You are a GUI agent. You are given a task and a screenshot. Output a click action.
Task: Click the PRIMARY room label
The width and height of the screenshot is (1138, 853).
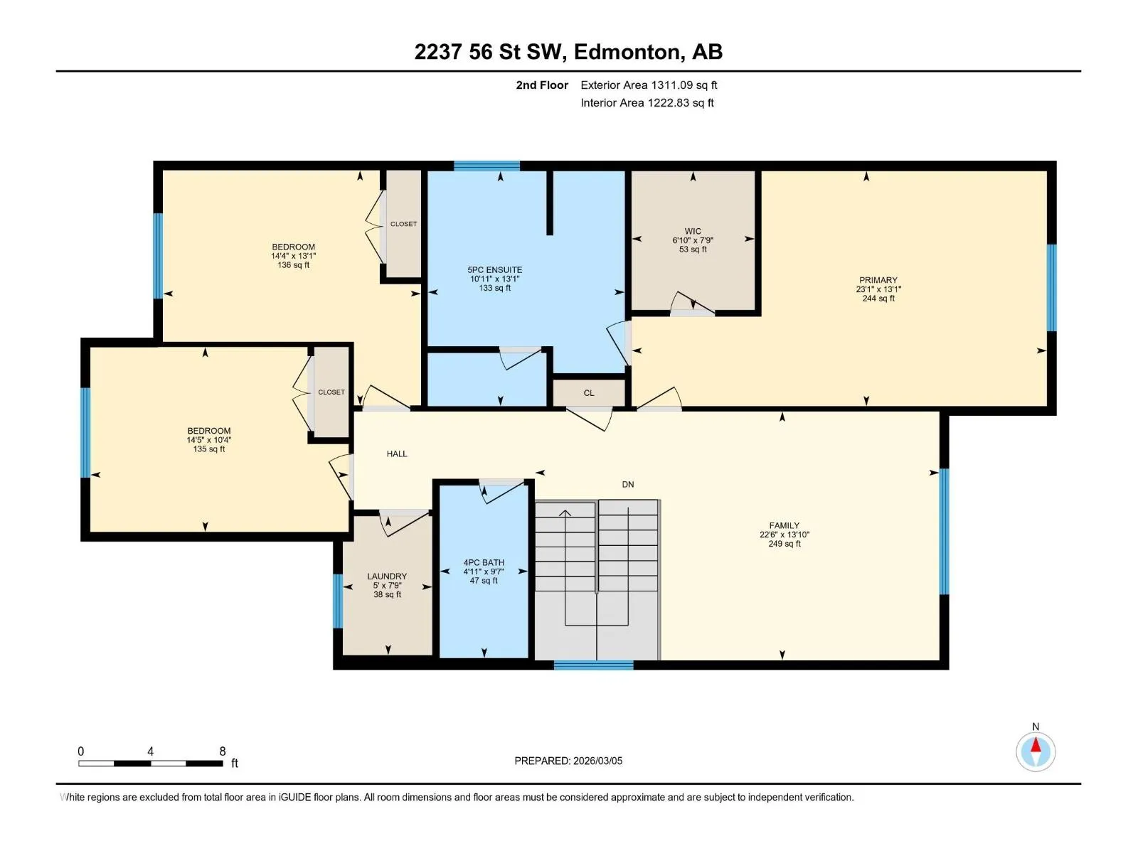(x=878, y=280)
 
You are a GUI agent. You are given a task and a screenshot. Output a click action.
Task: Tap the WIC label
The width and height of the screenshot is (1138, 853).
(x=693, y=231)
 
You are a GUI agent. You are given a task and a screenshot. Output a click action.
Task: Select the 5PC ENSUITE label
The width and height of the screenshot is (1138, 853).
(x=494, y=270)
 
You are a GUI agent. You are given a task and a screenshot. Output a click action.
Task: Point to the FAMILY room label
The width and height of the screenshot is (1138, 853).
(x=784, y=525)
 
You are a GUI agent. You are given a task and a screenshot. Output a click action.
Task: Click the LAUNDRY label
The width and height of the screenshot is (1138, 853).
(x=387, y=576)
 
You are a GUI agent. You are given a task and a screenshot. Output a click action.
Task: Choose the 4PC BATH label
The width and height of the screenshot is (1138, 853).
(x=484, y=562)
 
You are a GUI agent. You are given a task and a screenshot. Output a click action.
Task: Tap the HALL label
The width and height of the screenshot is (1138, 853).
(x=397, y=454)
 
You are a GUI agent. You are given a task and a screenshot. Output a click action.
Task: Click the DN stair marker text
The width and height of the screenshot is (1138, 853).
(x=628, y=484)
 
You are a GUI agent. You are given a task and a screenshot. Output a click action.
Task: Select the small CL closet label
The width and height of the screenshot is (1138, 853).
(x=589, y=393)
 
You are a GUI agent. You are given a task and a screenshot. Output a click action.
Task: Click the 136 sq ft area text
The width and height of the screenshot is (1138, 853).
(x=294, y=265)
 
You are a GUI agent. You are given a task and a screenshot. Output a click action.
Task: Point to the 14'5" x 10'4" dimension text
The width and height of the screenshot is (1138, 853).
(x=209, y=440)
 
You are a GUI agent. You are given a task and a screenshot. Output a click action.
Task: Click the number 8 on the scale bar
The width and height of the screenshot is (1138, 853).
(x=223, y=751)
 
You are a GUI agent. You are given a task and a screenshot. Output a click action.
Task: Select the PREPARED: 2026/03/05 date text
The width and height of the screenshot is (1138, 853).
(x=568, y=761)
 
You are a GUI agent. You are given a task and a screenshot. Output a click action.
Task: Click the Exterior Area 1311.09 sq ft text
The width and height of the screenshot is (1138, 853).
(x=649, y=85)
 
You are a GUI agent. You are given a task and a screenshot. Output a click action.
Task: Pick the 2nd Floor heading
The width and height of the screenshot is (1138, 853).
(x=542, y=85)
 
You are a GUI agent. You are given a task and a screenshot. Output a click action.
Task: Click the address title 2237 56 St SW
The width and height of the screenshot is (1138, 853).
(x=488, y=52)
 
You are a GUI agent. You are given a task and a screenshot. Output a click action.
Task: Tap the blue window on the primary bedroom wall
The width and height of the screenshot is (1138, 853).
(x=1051, y=287)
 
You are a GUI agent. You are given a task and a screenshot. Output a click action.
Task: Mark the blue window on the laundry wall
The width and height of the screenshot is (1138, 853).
(x=338, y=601)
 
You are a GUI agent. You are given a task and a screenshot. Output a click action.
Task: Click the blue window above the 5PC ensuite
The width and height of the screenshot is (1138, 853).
(x=486, y=166)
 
